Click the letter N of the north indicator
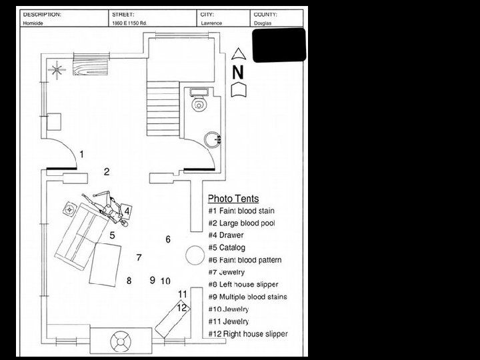tap(238, 71)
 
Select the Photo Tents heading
tap(233, 199)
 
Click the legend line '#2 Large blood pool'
tap(241, 223)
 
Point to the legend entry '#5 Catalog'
tap(227, 247)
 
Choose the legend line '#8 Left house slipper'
tap(243, 284)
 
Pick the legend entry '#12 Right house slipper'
tap(247, 333)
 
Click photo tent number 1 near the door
tap(81, 154)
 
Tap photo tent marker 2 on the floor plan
tap(106, 171)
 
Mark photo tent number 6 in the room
tap(168, 239)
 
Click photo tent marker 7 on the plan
tap(139, 257)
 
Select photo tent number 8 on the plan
tap(129, 281)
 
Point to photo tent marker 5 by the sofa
tap(113, 235)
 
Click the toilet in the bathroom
tap(198, 103)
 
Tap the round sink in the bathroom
tap(213, 139)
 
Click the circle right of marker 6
tap(194, 254)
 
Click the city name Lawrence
tap(212, 23)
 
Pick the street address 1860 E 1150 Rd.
tap(130, 23)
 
